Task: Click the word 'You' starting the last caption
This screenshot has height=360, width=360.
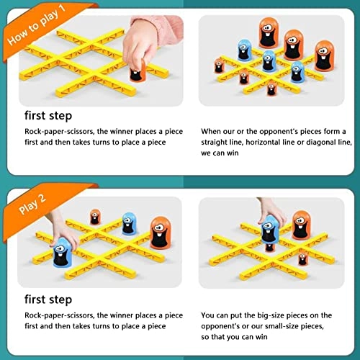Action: pyautogui.click(x=209, y=314)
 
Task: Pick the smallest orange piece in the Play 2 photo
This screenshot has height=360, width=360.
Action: pyautogui.click(x=95, y=217)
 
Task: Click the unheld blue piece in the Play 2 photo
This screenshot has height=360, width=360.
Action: pyautogui.click(x=129, y=222)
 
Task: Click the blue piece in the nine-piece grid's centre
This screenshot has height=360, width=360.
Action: pyautogui.click(x=269, y=61)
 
